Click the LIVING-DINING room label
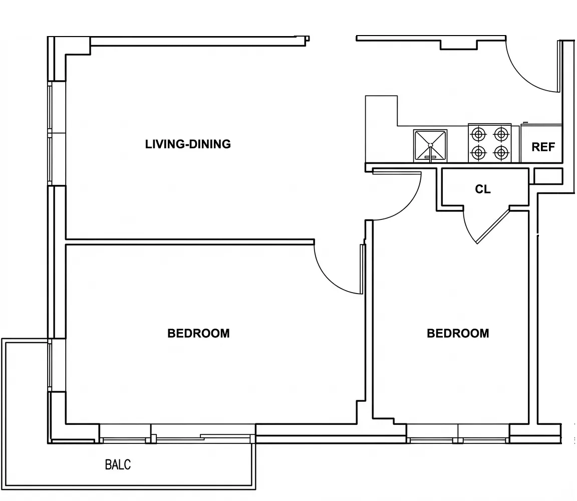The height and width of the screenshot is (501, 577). (x=188, y=144)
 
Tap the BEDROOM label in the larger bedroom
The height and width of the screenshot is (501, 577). (x=198, y=333)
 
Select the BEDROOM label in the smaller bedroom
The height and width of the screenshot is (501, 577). (x=458, y=333)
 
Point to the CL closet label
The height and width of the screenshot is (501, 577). (x=483, y=189)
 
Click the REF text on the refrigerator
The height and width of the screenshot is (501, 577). (x=543, y=147)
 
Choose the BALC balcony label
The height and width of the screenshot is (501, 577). (x=118, y=464)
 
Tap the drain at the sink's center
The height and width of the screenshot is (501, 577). (x=430, y=145)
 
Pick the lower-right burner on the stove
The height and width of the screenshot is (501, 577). (x=501, y=153)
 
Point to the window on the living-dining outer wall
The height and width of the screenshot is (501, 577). (x=50, y=133)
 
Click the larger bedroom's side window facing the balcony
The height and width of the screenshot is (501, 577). (x=50, y=365)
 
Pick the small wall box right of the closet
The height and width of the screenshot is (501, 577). (x=548, y=176)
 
